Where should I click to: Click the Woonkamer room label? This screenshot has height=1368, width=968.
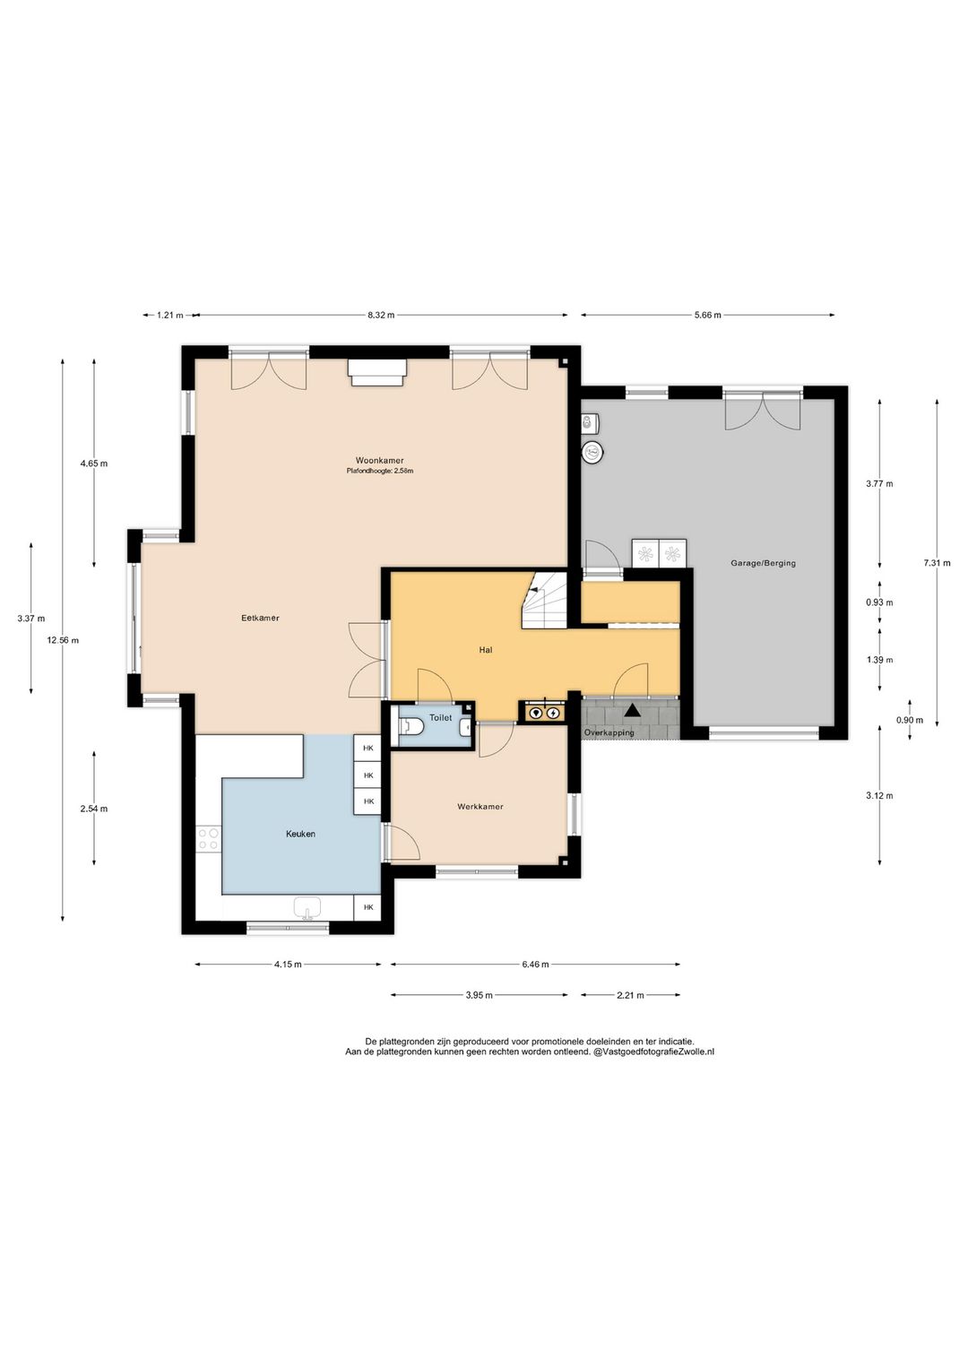pos(379,460)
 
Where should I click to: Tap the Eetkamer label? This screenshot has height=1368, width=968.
pos(260,618)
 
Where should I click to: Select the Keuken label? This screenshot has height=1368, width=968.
pos(300,834)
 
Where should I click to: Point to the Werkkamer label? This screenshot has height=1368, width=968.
pos(480,806)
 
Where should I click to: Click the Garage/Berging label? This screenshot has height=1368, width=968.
pos(763,563)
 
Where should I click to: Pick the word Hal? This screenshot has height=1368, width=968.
pos(486,650)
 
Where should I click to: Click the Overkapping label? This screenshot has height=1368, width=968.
pos(609,732)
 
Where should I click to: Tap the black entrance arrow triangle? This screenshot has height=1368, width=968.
pos(632,710)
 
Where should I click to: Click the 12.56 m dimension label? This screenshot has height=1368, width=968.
pos(63,640)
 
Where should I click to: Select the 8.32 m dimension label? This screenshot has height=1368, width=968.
pos(381,316)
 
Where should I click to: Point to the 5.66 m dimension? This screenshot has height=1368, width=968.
pos(707,316)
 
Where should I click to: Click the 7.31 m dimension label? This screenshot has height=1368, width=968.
pos(937,563)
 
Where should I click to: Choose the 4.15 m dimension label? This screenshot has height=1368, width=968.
pos(288,965)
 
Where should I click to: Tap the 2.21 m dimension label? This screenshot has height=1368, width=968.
pos(630,995)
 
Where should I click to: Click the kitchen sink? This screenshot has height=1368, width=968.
pos(307,908)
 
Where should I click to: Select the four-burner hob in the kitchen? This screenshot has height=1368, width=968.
pos(208,838)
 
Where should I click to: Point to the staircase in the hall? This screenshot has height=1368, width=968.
pos(543,601)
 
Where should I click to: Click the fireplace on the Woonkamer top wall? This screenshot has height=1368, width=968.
pos(376,372)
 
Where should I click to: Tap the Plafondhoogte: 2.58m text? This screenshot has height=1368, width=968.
pos(379,471)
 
